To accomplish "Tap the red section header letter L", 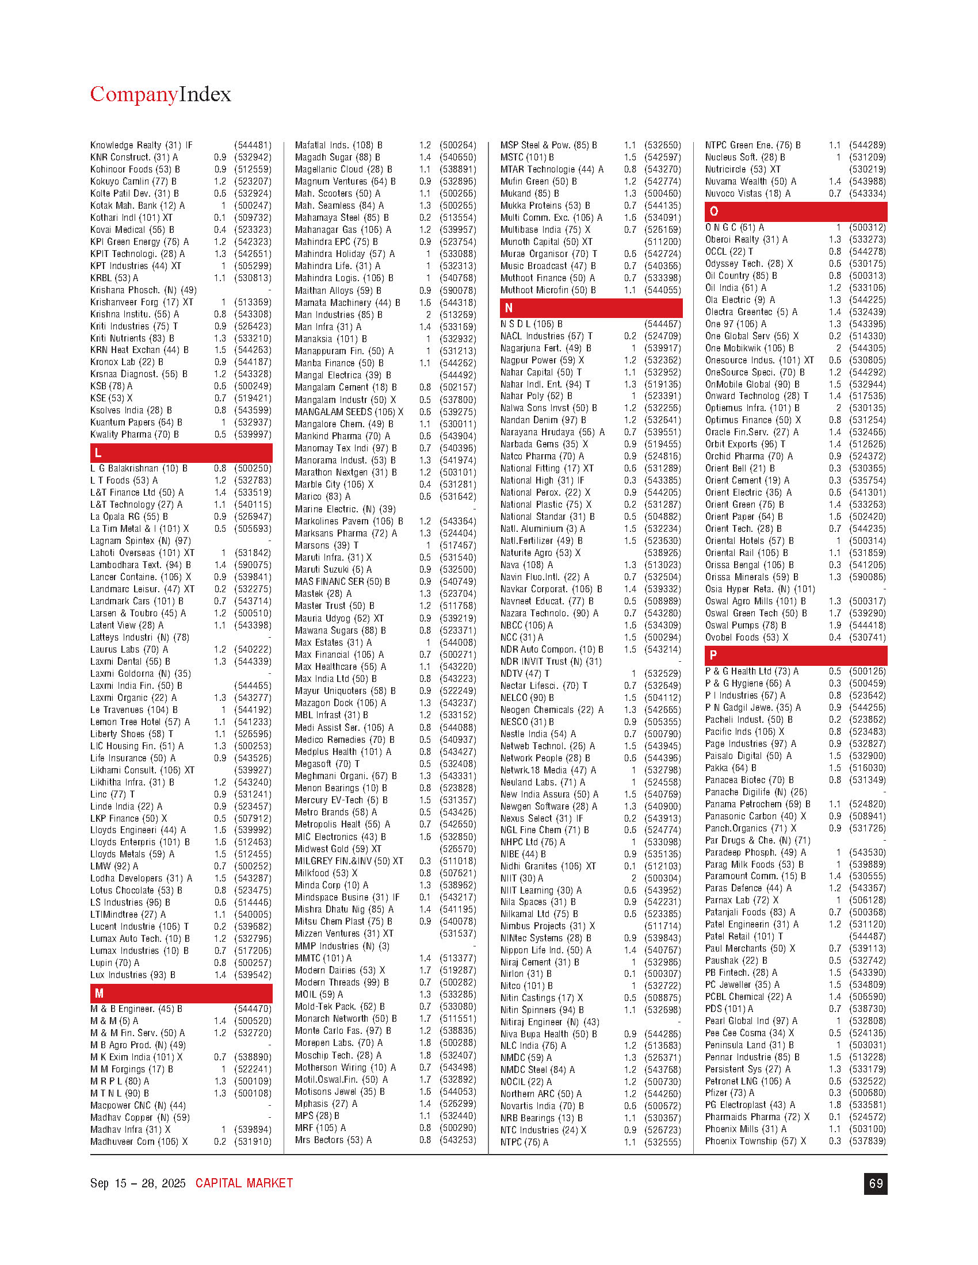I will point(98,453).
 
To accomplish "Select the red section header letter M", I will point(99,994).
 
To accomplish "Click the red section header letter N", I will point(509,308).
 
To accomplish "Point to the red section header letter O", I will point(714,212).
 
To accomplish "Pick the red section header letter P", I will point(713,655).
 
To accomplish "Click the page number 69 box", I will point(876,1184).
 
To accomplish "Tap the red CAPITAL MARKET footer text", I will point(244,1183).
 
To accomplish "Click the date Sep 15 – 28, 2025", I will point(138,1183).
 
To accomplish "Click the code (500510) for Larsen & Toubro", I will point(253,614).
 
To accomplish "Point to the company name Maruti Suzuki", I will point(323,569).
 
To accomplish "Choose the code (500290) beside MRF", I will point(458,1128).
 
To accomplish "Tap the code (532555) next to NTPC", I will point(662,1142).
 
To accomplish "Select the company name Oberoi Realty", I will point(732,239).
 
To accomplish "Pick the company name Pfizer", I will point(719,1092).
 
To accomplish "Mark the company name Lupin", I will point(102,963).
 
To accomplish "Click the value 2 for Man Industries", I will point(428,315).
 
